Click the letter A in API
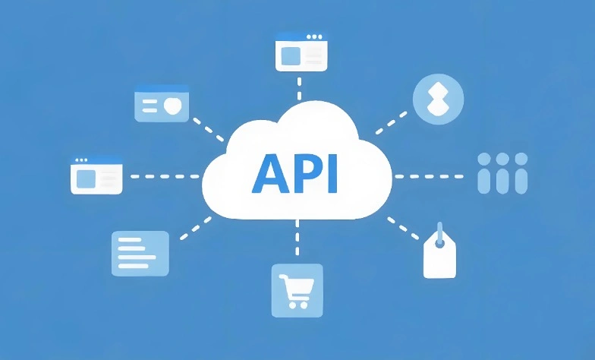click(270, 173)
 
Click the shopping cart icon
click(297, 290)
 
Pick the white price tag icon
click(439, 252)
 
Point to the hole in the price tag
click(439, 244)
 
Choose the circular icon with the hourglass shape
click(439, 99)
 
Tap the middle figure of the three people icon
click(502, 173)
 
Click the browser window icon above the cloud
click(301, 52)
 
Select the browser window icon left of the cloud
click(96, 176)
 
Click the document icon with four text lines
click(140, 254)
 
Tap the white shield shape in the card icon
click(173, 106)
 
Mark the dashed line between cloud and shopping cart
click(297, 237)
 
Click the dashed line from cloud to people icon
click(430, 176)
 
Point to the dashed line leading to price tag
click(402, 228)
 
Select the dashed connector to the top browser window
click(299, 88)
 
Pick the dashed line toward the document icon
click(196, 228)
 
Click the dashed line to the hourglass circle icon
click(392, 123)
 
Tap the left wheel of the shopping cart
click(291, 305)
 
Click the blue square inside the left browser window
click(86, 179)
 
